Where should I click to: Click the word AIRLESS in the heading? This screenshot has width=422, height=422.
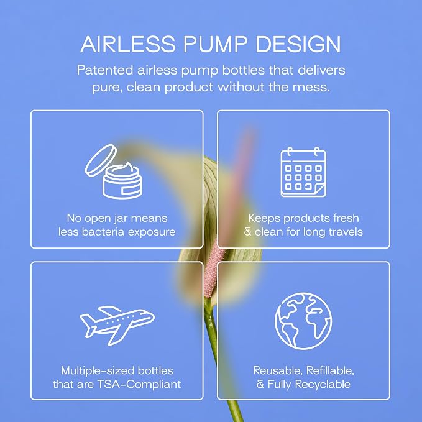tap(128, 44)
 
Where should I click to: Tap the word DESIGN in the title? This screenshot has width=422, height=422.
tap(298, 44)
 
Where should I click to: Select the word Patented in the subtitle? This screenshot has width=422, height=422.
tap(105, 70)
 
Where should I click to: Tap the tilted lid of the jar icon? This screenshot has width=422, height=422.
tap(101, 160)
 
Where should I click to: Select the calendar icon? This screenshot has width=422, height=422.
tap(303, 172)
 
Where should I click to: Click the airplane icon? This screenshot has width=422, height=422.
tap(117, 326)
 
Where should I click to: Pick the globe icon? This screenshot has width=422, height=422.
tap(303, 321)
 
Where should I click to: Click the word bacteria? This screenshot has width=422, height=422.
tap(103, 232)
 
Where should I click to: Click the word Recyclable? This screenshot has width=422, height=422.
tap(323, 385)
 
